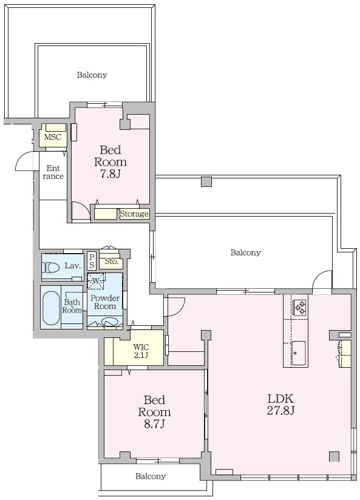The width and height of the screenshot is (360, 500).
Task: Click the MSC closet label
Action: (x=53, y=137)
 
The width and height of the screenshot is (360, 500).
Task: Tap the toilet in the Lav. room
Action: (x=50, y=267)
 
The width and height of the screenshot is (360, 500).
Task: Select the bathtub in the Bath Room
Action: (x=51, y=308)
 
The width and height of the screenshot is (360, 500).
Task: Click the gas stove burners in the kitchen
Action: (x=300, y=307)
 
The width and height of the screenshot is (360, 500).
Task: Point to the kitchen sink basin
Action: (x=299, y=353)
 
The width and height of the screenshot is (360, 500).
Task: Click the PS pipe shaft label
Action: (x=92, y=261)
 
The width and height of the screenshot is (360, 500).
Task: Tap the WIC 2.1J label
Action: (x=141, y=351)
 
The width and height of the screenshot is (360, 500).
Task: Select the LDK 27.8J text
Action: (x=280, y=404)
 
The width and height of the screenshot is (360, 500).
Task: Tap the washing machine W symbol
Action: (x=96, y=282)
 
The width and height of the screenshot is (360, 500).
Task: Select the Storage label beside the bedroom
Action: (x=134, y=214)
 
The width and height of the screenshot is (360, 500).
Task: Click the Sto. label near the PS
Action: (x=112, y=262)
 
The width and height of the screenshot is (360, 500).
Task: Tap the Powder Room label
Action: (x=104, y=302)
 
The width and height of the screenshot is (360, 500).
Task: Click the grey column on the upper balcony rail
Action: (x=206, y=181)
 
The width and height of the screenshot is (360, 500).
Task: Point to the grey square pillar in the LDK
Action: (x=334, y=456)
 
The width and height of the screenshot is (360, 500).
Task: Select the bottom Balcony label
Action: (x=151, y=476)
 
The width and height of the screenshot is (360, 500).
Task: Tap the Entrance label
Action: (x=53, y=172)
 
